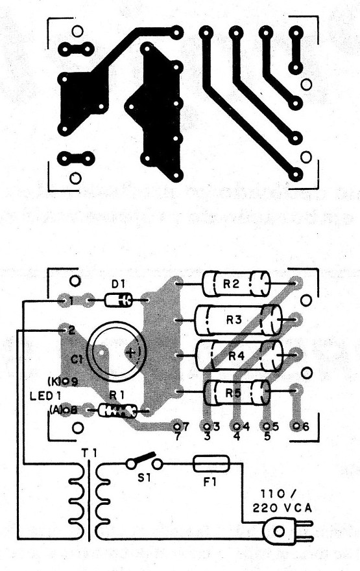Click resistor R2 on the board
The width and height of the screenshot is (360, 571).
[235, 283]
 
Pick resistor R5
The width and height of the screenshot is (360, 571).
[237, 391]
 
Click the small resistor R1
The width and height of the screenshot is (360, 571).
[117, 410]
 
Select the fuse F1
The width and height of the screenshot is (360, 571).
[211, 463]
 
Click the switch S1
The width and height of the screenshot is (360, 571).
[145, 461]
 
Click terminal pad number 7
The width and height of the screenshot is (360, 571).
[176, 426]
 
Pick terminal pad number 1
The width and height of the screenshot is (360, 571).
[65, 301]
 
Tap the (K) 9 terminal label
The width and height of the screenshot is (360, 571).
[63, 382]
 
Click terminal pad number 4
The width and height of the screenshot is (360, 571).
[237, 426]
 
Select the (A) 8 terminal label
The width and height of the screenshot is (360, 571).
[63, 409]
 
